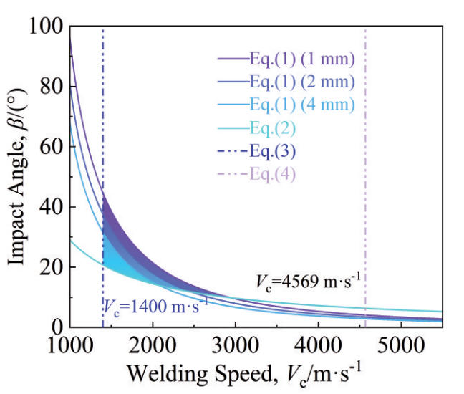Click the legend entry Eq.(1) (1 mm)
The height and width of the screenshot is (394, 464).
(302, 59)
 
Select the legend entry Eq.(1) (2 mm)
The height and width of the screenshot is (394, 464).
(302, 82)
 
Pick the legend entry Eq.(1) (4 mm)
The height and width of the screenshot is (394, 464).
(302, 105)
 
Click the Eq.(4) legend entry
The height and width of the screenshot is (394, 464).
(274, 173)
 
